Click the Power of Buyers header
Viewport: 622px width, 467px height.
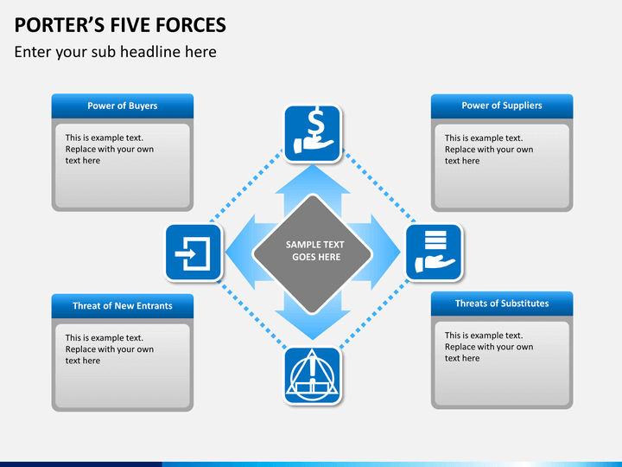click(123, 106)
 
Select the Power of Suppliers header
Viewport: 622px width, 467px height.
click(502, 106)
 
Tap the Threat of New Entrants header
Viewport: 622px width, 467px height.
click(123, 306)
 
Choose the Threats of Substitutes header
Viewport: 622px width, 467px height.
click(502, 304)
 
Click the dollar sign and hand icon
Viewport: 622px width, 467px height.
click(313, 133)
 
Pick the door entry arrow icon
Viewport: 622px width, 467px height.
click(194, 253)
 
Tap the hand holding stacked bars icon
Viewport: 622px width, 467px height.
click(434, 253)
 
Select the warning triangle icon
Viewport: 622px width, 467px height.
click(313, 375)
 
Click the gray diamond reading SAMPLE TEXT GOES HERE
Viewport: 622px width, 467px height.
click(313, 253)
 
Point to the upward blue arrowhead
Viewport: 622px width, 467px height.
click(313, 180)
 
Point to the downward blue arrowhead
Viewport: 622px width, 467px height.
click(313, 326)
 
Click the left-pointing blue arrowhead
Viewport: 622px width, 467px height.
click(240, 253)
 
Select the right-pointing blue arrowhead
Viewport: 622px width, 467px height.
click(385, 253)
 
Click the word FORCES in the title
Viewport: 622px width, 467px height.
click(191, 25)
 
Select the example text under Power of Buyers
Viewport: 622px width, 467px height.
click(110, 149)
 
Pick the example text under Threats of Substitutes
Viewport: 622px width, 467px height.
click(489, 347)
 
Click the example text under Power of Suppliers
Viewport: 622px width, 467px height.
click(489, 150)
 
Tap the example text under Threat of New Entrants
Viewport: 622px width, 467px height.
click(110, 349)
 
